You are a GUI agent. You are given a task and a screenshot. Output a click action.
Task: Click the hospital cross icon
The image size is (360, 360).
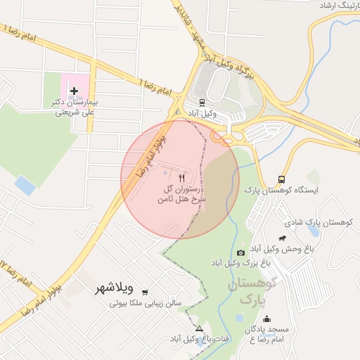pos(74,91)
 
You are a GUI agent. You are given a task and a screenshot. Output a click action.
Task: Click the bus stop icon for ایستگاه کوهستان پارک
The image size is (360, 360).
pos(282,179)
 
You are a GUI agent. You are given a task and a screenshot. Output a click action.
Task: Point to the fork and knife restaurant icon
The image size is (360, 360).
pos(183,179)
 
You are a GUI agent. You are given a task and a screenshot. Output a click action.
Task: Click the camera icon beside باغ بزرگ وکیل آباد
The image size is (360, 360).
pos(241,252)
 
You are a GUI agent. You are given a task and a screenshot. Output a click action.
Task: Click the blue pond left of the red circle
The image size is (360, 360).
pos(25,186)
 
